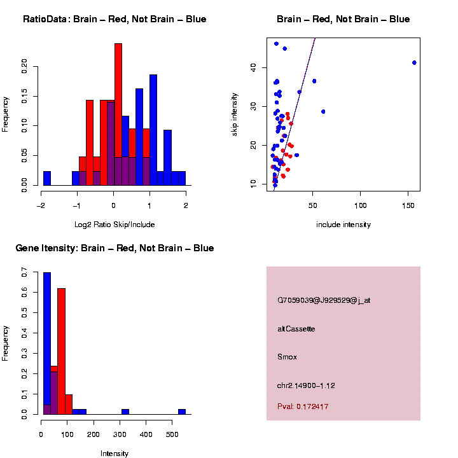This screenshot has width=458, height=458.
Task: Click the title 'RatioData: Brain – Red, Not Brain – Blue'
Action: [114, 19]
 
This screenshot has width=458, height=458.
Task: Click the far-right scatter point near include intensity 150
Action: [414, 62]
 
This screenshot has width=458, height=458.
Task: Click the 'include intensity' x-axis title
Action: [343, 225]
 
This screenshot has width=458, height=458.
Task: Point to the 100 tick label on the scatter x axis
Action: [360, 205]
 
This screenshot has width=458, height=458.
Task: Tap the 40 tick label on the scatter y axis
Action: [254, 66]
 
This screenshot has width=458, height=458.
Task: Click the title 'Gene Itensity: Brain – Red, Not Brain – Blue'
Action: [114, 248]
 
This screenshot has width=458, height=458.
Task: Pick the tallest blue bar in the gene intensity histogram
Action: [47, 343]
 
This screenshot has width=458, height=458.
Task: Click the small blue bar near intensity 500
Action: [182, 412]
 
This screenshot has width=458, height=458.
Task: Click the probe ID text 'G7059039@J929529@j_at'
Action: [324, 300]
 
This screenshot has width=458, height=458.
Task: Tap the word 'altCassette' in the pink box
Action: [296, 329]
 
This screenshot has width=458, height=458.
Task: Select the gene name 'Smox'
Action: [288, 357]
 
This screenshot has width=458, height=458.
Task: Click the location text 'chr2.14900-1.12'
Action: [306, 385]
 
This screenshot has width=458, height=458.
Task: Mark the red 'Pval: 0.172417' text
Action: [303, 406]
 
